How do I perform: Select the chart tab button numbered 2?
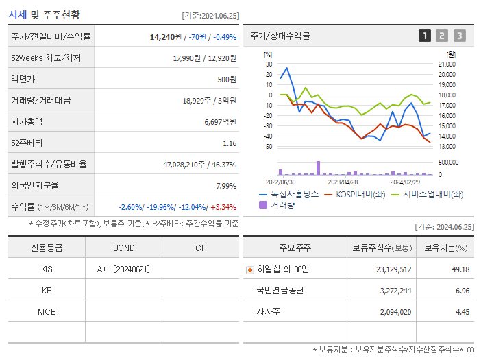tap(442, 36)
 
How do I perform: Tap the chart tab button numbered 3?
tap(459, 36)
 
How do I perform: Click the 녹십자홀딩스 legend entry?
tap(288, 194)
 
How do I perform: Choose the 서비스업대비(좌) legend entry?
tap(427, 194)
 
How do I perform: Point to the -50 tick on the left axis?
tap(267, 147)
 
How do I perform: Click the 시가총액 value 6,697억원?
tap(220, 122)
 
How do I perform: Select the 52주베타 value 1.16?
tap(230, 143)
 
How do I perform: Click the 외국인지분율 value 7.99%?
tap(225, 186)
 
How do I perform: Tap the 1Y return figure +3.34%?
tap(224, 207)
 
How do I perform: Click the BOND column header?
tap(123, 248)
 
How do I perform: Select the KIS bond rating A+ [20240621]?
tap(123, 269)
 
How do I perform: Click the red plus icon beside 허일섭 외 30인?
tap(250, 269)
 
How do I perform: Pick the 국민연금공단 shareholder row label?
tap(280, 291)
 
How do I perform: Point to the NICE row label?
tap(47, 312)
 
